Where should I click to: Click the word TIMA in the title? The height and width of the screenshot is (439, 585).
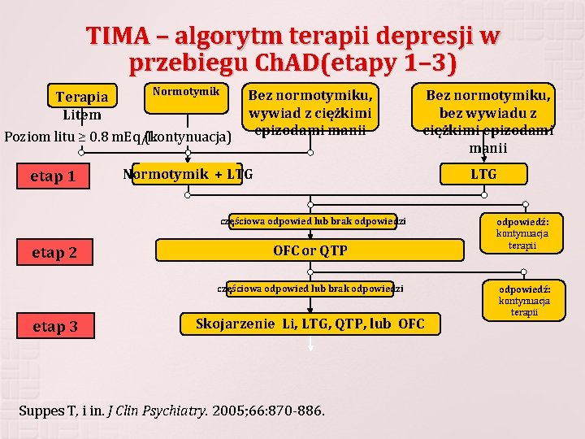tap(120, 37)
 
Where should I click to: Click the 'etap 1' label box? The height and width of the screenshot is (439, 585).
tap(53, 176)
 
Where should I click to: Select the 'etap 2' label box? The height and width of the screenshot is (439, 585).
tap(55, 253)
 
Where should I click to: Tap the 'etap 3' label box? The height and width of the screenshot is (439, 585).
tap(55, 327)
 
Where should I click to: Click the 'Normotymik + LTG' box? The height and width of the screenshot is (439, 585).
tap(188, 174)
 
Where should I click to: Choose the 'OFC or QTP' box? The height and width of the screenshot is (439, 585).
tap(310, 250)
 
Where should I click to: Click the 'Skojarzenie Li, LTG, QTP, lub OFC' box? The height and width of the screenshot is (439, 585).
tap(310, 324)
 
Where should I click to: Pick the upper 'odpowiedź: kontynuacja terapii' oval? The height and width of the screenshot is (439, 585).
tap(522, 233)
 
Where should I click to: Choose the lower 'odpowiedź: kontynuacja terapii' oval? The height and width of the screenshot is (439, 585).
tap(524, 301)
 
